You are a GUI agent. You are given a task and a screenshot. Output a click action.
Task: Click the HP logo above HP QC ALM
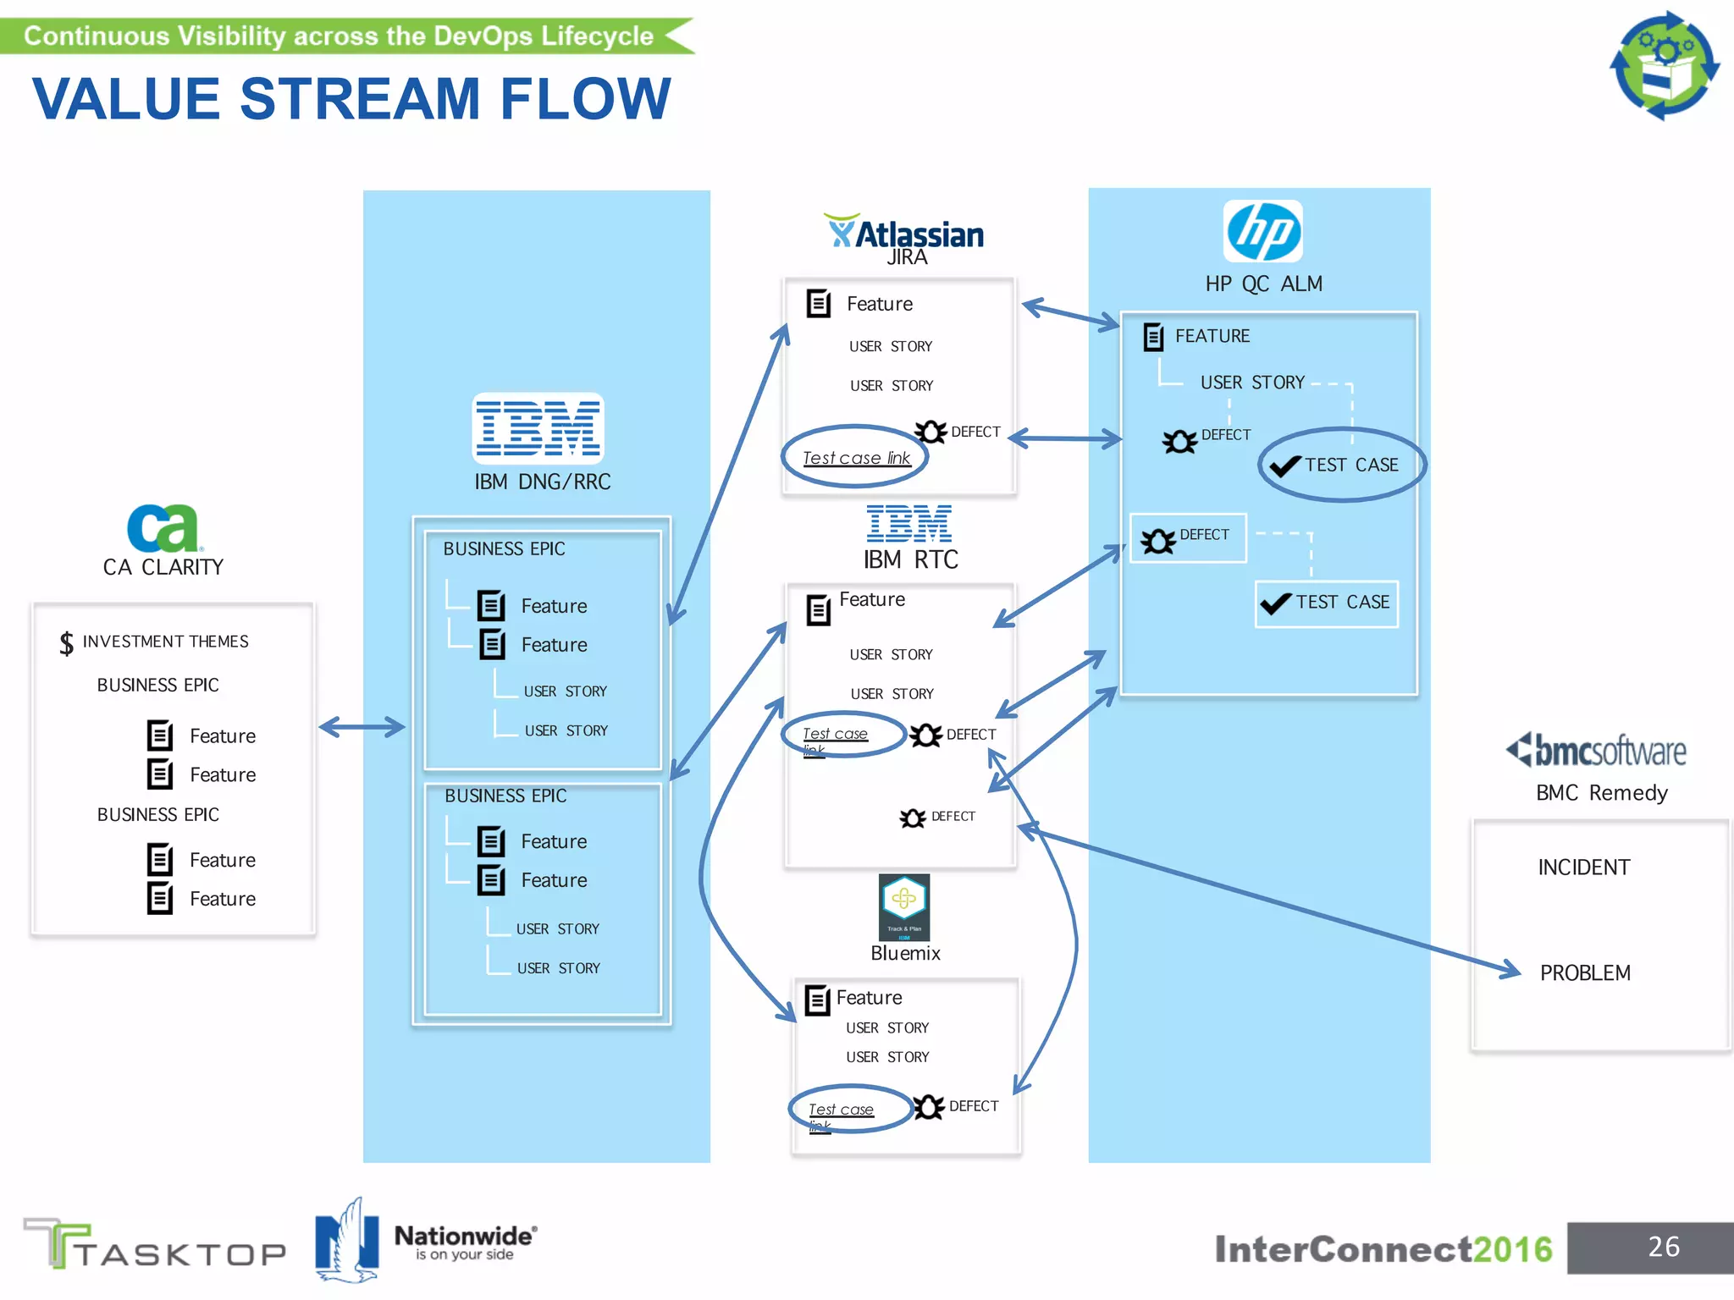point(1262,231)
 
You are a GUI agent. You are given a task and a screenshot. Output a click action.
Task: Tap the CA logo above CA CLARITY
point(163,528)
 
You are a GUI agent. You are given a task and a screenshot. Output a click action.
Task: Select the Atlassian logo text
point(919,234)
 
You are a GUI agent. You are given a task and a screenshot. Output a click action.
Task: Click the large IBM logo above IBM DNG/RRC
point(538,428)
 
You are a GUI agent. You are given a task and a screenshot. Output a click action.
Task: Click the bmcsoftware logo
point(1597,750)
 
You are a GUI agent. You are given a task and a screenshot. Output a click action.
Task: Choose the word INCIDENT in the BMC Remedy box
point(1583,868)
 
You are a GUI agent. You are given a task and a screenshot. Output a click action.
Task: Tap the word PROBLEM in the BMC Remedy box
point(1585,973)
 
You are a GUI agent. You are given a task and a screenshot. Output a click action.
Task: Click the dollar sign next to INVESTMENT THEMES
point(66,643)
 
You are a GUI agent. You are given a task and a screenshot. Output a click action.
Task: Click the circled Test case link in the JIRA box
point(855,458)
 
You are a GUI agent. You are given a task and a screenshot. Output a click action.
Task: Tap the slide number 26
point(1663,1247)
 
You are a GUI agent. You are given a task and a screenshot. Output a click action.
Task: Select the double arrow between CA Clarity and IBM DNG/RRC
point(362,726)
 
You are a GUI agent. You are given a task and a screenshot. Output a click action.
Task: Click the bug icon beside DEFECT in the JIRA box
point(930,432)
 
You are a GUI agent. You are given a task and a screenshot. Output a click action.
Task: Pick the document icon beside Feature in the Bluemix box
point(817,1000)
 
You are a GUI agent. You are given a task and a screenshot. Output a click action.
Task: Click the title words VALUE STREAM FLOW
point(351,99)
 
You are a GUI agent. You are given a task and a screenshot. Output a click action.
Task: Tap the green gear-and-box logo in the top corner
point(1664,65)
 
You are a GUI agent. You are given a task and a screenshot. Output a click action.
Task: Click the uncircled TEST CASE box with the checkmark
point(1326,603)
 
